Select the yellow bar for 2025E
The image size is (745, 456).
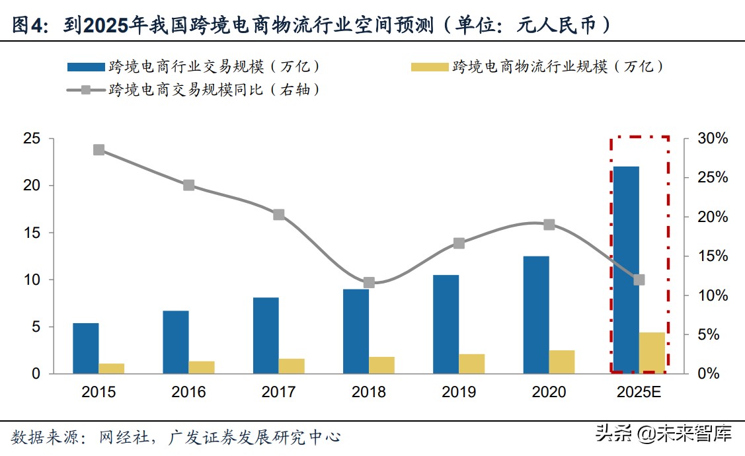(x=652, y=353)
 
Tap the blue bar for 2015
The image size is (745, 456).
(x=86, y=348)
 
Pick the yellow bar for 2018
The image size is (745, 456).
(x=381, y=365)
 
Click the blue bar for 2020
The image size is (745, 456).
(x=536, y=315)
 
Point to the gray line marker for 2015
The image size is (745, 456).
(x=98, y=150)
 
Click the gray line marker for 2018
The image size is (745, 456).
(x=369, y=282)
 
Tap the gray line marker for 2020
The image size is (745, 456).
(x=549, y=225)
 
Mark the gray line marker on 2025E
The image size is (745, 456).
(x=639, y=280)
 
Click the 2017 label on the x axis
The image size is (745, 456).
(x=278, y=393)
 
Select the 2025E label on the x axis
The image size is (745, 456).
(x=639, y=393)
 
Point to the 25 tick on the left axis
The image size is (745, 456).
(x=31, y=139)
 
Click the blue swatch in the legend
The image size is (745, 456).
(x=85, y=67)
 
